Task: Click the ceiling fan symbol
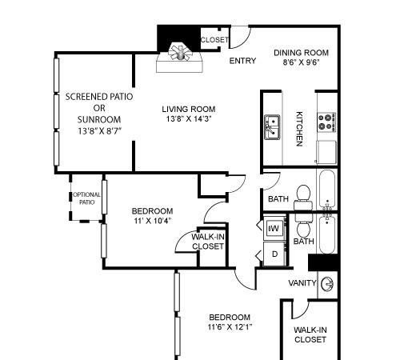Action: click(181, 52)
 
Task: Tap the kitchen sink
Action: click(272, 127)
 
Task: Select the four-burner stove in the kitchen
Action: click(326, 122)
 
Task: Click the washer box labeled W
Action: click(274, 228)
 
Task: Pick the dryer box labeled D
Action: click(274, 254)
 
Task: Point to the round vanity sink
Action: click(327, 284)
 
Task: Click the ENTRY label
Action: click(242, 61)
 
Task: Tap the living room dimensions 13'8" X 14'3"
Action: click(189, 118)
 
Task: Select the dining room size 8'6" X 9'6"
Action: click(301, 62)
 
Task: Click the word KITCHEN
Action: click(299, 129)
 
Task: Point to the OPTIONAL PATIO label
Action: click(86, 198)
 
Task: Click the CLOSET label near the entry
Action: click(214, 40)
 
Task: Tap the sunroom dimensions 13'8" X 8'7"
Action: click(100, 131)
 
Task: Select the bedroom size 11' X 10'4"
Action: click(152, 221)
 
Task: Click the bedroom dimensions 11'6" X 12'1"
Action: click(230, 326)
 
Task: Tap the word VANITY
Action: click(302, 282)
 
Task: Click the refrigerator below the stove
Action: click(326, 152)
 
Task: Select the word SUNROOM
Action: click(99, 119)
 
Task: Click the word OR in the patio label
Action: click(99, 108)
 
